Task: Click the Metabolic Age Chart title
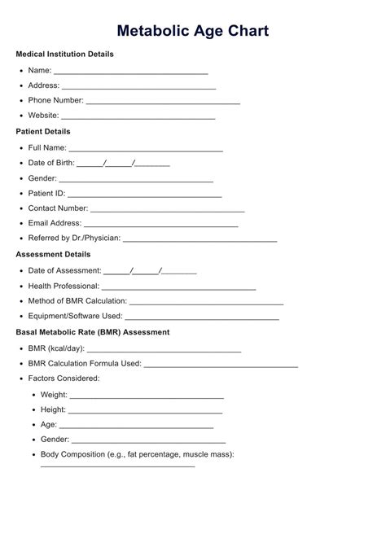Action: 193,31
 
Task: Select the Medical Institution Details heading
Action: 65,54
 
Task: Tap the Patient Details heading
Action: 43,131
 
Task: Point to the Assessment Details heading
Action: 53,254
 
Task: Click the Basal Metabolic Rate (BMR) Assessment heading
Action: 93,332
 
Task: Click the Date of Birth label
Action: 51,163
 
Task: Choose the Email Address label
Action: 55,223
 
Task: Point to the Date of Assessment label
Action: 65,270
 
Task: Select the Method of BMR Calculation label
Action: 77,301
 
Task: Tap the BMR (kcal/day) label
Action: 56,348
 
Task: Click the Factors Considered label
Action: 64,379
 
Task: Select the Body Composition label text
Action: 138,454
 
